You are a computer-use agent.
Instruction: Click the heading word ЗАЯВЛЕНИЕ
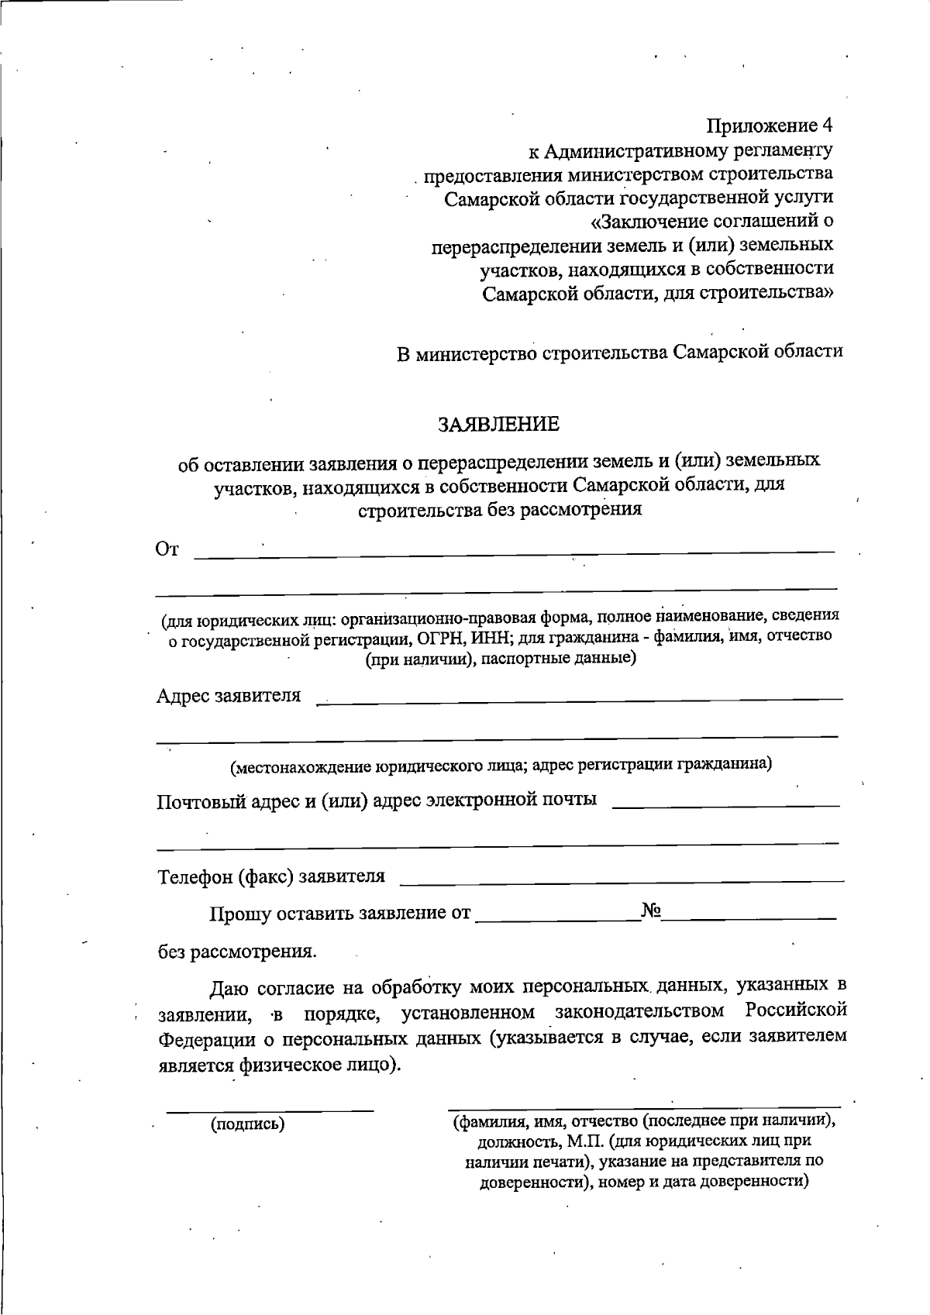(498, 425)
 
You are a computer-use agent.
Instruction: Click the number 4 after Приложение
(828, 126)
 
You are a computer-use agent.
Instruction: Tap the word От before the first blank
(167, 549)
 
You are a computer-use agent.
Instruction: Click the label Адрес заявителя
(229, 695)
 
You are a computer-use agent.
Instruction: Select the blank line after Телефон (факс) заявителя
(622, 880)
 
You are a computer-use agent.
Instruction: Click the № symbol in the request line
(651, 911)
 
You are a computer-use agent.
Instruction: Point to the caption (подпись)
(248, 1124)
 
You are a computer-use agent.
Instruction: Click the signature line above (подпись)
(270, 1110)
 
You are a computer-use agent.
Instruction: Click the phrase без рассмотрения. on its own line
(237, 951)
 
